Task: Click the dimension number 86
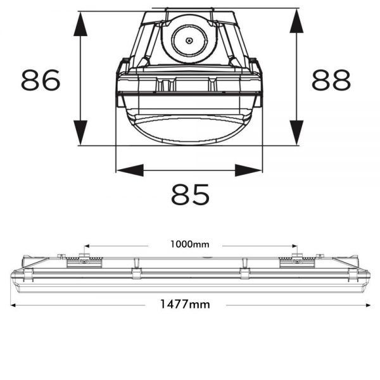(x=41, y=80)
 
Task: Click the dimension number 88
(x=331, y=80)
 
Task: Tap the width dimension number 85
(x=190, y=194)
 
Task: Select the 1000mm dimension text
(x=190, y=244)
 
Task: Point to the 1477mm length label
(x=185, y=305)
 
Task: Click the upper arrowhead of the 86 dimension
(x=80, y=24)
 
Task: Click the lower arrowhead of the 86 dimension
(x=80, y=132)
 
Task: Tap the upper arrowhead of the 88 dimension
(x=296, y=21)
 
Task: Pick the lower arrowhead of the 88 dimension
(x=296, y=132)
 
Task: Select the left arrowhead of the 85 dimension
(x=130, y=170)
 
